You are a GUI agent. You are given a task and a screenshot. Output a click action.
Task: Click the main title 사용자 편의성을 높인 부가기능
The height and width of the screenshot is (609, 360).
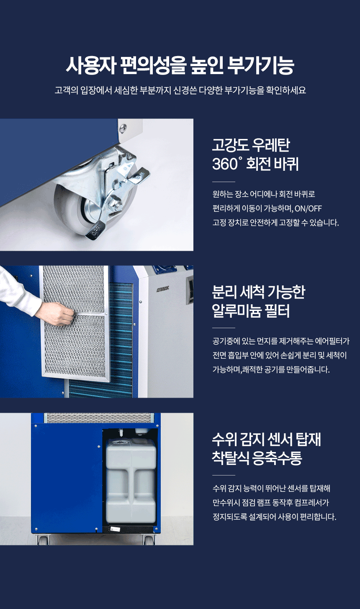[180, 66]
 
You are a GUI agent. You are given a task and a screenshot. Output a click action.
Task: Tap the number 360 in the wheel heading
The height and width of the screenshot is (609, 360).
[225, 164]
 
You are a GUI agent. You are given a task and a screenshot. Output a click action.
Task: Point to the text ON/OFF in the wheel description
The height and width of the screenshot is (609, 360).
[308, 208]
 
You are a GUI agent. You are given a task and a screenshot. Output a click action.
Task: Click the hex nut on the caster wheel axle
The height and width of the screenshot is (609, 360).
[116, 204]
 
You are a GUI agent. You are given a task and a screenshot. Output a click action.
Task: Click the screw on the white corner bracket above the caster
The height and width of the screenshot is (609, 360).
[123, 127]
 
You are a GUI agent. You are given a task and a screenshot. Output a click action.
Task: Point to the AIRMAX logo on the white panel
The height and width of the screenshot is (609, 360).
[163, 290]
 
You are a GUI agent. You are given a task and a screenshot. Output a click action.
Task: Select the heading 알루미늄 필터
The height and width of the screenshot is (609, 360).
[250, 311]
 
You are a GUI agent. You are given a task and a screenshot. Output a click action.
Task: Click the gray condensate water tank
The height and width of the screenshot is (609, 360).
[131, 482]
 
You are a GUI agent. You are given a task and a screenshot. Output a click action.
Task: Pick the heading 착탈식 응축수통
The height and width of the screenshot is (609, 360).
[257, 458]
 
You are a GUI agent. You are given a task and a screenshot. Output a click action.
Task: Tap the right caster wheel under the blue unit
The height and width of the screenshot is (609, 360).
[149, 539]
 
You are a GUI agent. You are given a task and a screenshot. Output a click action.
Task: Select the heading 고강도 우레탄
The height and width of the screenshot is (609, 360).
[251, 145]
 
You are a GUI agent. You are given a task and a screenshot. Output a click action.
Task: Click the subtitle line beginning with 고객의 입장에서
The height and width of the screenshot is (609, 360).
[180, 90]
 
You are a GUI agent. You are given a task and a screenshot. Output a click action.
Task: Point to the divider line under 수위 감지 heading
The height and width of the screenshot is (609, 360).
[224, 475]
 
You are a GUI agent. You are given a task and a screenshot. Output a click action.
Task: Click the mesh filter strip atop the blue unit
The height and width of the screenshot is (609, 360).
[99, 418]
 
